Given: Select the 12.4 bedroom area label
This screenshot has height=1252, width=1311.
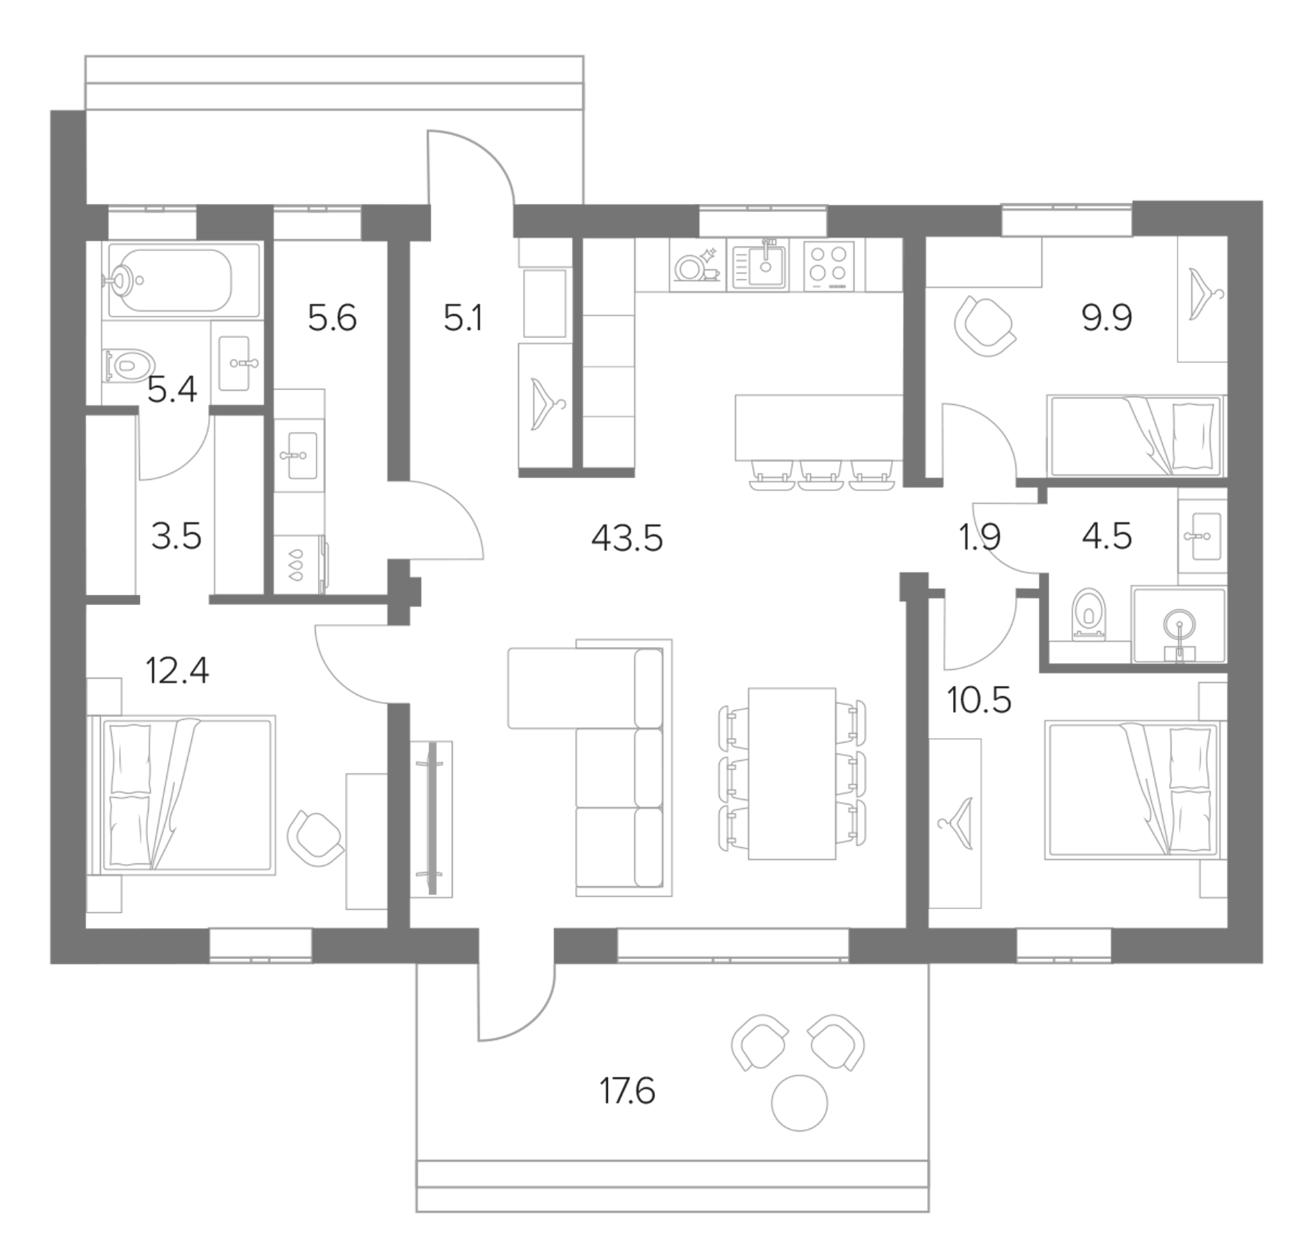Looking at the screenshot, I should (x=177, y=671).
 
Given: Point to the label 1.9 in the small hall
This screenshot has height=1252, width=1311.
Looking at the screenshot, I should (x=979, y=538).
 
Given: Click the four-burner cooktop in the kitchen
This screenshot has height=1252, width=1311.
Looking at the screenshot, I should (x=828, y=265).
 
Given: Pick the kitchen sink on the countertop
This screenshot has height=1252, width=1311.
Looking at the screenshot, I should (x=759, y=265).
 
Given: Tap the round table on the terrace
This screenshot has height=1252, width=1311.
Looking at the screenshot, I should (x=799, y=1102).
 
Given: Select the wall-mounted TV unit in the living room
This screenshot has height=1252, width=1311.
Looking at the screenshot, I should (x=432, y=818).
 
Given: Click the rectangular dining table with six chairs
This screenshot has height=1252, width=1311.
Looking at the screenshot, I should (x=791, y=773).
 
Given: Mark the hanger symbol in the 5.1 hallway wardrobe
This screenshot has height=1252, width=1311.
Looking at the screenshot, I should (x=546, y=404).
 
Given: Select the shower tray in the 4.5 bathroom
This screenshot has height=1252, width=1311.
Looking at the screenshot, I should (x=1179, y=625).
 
